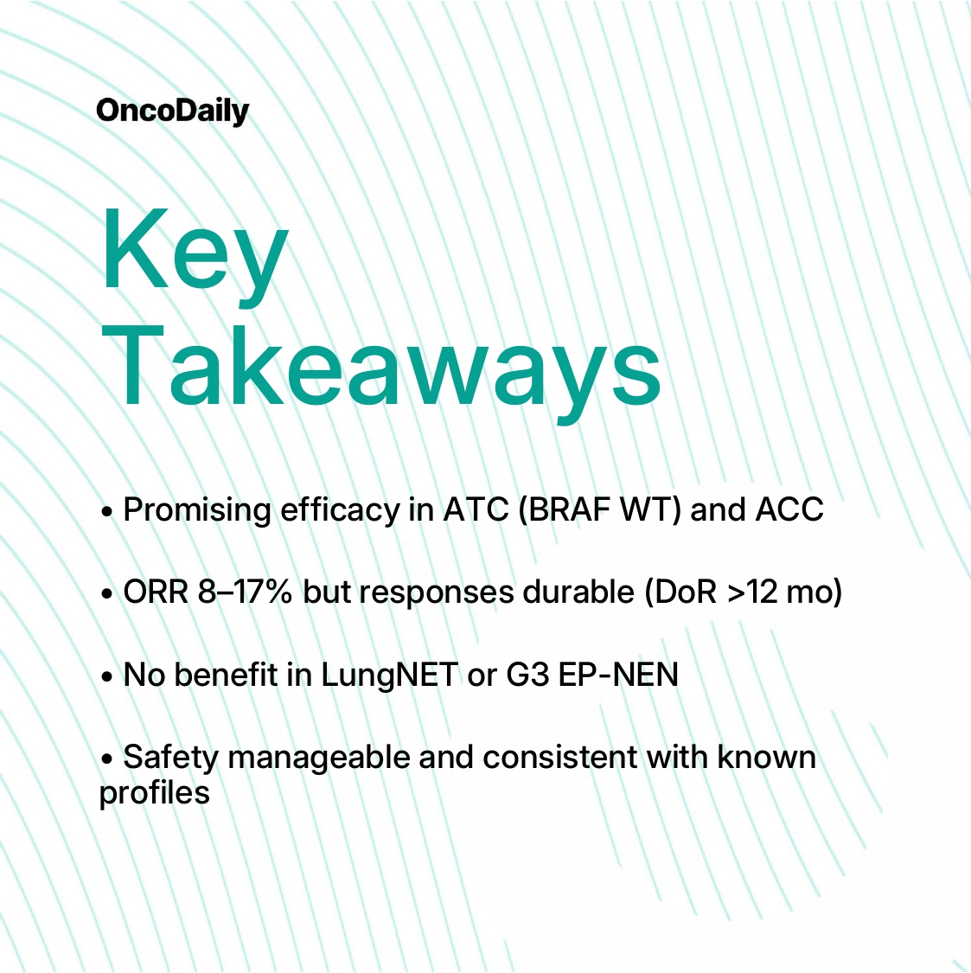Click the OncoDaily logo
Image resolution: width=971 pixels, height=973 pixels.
pos(172,112)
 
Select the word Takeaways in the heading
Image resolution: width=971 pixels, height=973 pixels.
pos(381,372)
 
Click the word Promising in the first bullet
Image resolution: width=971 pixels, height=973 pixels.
pos(196,510)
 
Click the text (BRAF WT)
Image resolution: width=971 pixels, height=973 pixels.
pos(600,510)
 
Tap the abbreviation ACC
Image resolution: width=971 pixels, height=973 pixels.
pos(789,509)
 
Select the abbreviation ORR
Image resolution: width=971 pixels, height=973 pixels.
pos(156,592)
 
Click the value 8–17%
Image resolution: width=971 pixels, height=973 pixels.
pos(245,592)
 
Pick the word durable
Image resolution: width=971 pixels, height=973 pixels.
pos(578,592)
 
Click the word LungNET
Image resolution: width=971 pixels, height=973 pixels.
pos(390,675)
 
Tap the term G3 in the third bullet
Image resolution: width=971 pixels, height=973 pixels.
pos(527,675)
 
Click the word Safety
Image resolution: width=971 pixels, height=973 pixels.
pos(171,759)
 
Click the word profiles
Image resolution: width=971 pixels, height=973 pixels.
pos(155,793)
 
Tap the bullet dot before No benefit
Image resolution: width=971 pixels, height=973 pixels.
pos(106,676)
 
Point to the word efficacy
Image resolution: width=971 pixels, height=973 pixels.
pos(340,510)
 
